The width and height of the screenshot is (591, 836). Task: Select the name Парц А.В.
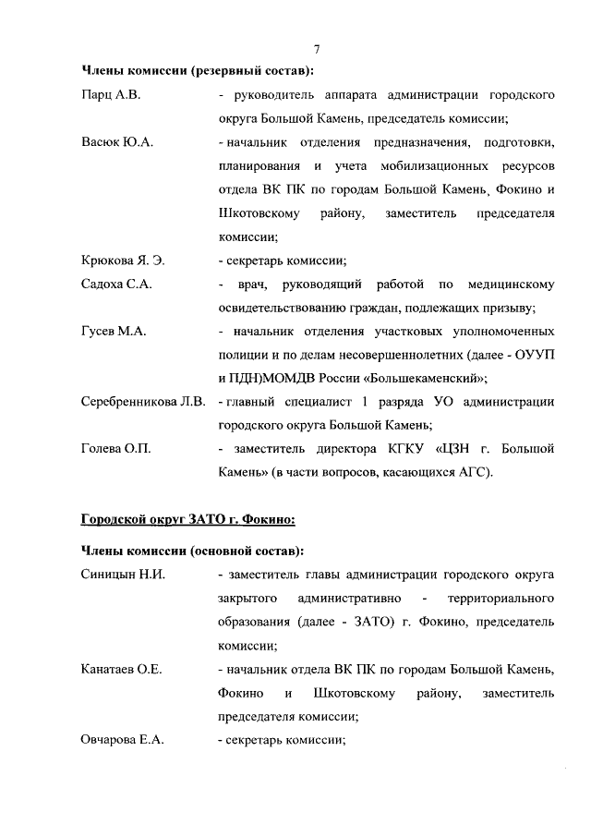click(110, 95)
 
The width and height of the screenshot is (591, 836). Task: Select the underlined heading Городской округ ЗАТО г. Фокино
click(188, 520)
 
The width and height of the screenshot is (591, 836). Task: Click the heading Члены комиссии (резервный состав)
click(198, 71)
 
